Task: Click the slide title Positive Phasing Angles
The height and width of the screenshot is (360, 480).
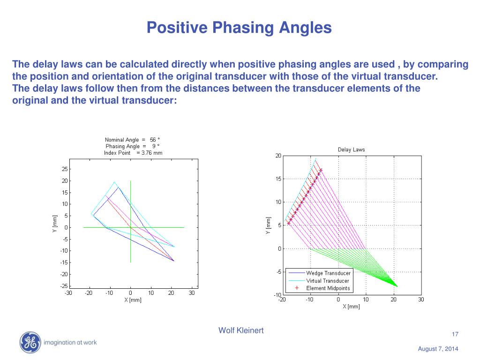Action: pyautogui.click(x=239, y=27)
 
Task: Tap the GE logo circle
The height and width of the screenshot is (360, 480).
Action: pyautogui.click(x=30, y=342)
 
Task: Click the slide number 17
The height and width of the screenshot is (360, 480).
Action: pyautogui.click(x=455, y=334)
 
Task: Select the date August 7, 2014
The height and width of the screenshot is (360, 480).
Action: pyautogui.click(x=438, y=349)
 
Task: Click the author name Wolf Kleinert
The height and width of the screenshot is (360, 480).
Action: pyautogui.click(x=241, y=330)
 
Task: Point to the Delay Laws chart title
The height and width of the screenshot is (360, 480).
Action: pyautogui.click(x=351, y=150)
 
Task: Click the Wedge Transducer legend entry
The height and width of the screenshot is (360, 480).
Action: pyautogui.click(x=328, y=273)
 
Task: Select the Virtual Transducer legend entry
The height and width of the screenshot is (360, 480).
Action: pyautogui.click(x=327, y=280)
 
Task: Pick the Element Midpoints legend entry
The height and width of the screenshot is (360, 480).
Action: pyautogui.click(x=328, y=288)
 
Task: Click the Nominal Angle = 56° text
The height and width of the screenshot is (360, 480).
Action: pyautogui.click(x=132, y=140)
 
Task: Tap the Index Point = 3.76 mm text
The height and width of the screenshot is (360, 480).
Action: pyautogui.click(x=133, y=153)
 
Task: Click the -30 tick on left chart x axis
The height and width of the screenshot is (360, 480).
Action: pyautogui.click(x=68, y=293)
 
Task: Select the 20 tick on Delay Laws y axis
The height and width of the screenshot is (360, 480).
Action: pyautogui.click(x=278, y=156)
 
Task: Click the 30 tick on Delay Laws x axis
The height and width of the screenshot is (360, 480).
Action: pyautogui.click(x=420, y=300)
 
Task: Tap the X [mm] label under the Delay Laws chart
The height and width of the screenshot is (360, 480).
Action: pyautogui.click(x=351, y=307)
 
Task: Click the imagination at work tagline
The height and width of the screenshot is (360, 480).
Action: pyautogui.click(x=70, y=343)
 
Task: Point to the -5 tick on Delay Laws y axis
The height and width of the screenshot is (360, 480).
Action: pyautogui.click(x=278, y=272)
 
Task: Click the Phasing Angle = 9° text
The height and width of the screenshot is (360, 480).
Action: pyautogui.click(x=132, y=146)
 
